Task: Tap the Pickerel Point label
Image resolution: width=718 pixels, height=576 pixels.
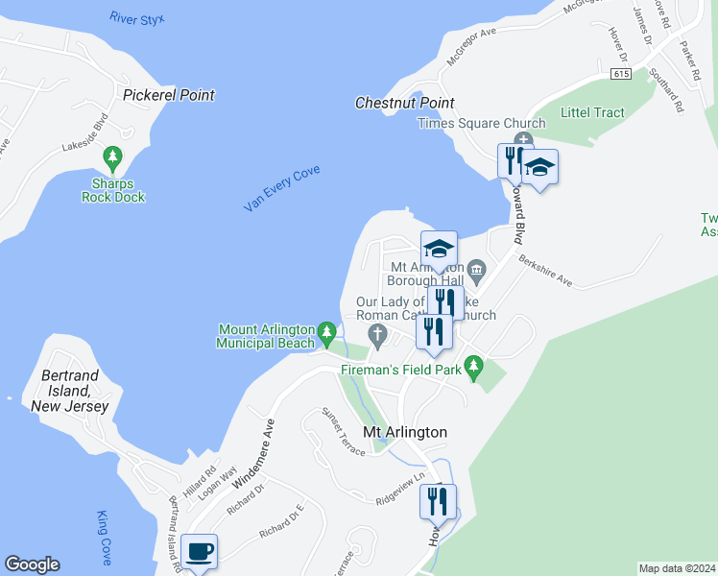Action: coord(169,95)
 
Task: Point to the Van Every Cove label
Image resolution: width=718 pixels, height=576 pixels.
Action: coord(281,189)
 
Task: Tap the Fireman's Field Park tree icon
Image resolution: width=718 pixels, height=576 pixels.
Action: coord(472,365)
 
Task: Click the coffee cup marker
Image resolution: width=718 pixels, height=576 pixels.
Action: coord(200,552)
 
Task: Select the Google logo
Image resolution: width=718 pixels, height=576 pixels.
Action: coord(32,564)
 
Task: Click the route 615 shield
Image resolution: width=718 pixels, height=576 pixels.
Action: coord(622,74)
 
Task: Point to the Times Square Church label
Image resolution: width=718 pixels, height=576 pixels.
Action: coord(482,123)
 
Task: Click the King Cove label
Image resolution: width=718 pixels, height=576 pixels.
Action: coord(105,538)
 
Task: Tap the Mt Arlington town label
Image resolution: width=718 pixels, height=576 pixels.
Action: coord(404,432)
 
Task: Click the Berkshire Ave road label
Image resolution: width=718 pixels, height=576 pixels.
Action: coord(544,271)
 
